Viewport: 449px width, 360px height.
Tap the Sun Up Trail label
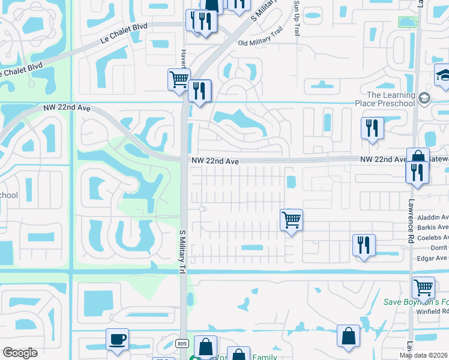point(297,18)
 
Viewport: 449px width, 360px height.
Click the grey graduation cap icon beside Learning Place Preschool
point(425,98)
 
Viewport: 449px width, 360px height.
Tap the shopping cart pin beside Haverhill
point(179,80)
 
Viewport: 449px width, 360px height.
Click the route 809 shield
point(182,344)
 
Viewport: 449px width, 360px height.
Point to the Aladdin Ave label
point(432,217)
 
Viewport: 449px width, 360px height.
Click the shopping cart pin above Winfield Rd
point(423,289)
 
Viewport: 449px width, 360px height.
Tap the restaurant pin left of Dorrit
point(364,245)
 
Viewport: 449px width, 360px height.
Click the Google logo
point(20,353)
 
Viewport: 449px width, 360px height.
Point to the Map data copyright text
point(423,355)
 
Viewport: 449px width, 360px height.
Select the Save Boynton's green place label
point(416,302)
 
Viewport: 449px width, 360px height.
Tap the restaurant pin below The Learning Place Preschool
point(372,128)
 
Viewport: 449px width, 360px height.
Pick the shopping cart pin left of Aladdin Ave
point(291,220)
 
